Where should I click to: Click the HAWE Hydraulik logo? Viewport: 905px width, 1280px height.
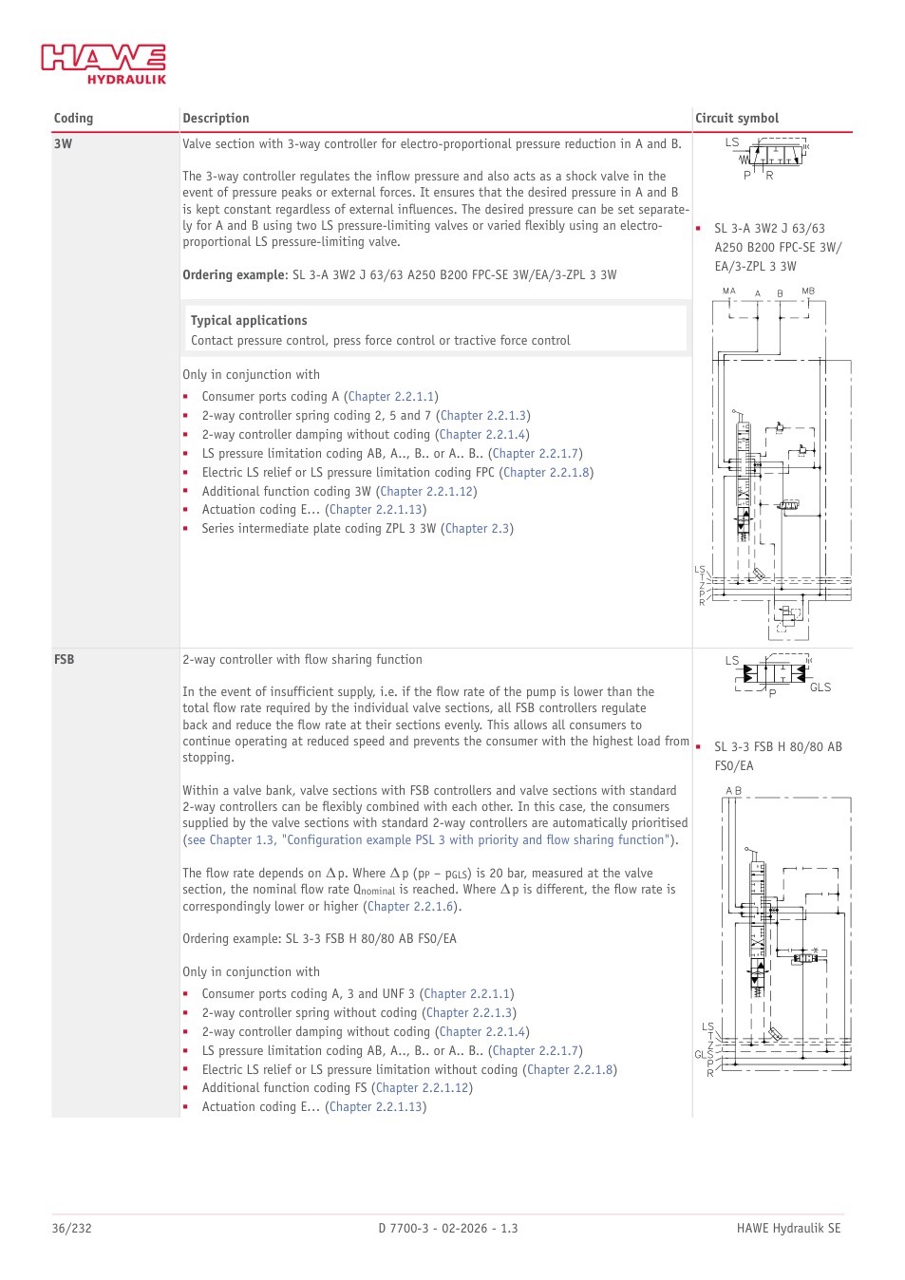[x=104, y=64]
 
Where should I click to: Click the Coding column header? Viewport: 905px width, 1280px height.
[x=73, y=119]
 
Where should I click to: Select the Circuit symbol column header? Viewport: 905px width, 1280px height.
[x=737, y=119]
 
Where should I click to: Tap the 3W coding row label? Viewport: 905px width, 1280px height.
[x=63, y=144]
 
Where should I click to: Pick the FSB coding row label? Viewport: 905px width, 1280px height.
[x=64, y=659]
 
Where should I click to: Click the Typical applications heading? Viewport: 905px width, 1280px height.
[x=249, y=321]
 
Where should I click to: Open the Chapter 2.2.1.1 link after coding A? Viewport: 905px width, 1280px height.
[x=391, y=397]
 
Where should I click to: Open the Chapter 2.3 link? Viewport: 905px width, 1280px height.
[x=477, y=529]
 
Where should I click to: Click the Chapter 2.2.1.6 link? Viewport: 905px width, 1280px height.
[x=410, y=906]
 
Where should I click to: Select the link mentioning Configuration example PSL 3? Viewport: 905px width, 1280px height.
[x=427, y=840]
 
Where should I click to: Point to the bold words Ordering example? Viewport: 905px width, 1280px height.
[x=234, y=274]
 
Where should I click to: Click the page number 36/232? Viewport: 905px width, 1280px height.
[x=71, y=1229]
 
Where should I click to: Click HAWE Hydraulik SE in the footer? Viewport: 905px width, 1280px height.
[x=788, y=1229]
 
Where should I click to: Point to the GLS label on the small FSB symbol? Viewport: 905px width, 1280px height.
[x=820, y=687]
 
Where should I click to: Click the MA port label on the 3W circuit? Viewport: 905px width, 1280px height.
[x=729, y=291]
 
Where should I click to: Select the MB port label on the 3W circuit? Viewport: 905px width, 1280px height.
[x=808, y=291]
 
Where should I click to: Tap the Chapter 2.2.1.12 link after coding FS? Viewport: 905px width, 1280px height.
[x=423, y=1088]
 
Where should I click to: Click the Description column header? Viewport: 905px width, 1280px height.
[x=216, y=119]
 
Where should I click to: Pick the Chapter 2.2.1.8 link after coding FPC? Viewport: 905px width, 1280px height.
[x=546, y=473]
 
